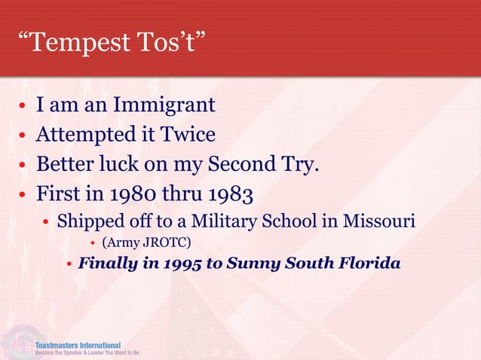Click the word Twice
click(188, 135)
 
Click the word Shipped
click(86, 223)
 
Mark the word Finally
click(105, 264)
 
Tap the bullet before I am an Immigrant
click(24, 105)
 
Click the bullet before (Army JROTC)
click(92, 243)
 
